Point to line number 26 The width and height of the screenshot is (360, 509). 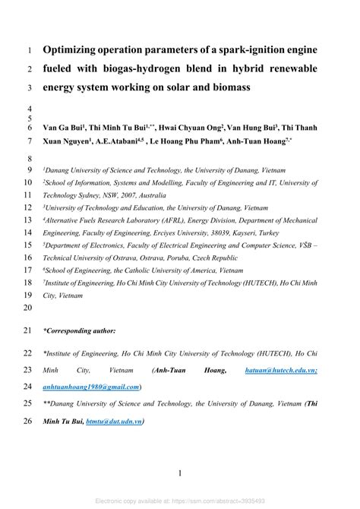coord(28,422)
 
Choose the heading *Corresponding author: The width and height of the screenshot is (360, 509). coord(80,330)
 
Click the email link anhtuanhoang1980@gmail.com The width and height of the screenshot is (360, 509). coord(92,387)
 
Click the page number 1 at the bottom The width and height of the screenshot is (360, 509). coord(180,473)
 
